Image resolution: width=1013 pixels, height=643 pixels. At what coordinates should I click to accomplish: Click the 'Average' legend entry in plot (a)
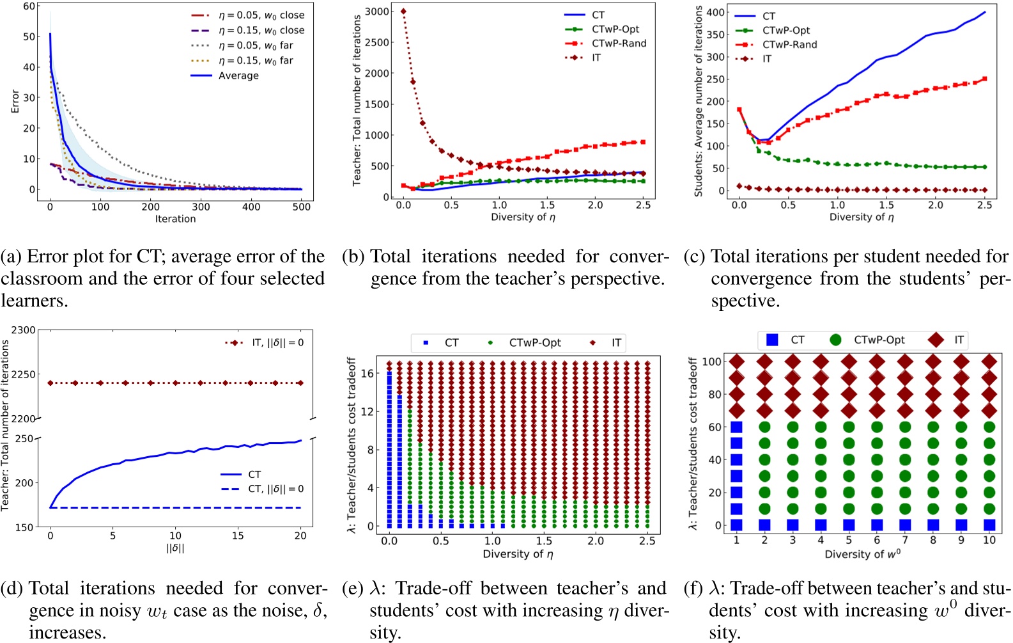coord(238,75)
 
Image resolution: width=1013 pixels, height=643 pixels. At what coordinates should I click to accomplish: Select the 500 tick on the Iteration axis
coord(302,207)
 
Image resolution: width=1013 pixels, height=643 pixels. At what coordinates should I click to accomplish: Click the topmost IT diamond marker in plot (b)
coord(403,12)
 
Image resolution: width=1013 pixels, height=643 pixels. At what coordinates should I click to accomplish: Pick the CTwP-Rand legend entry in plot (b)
coord(619,44)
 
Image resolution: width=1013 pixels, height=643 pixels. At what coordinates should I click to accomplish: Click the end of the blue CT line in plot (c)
coord(985,12)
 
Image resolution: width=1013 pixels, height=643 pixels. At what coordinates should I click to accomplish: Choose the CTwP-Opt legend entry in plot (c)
coord(785,30)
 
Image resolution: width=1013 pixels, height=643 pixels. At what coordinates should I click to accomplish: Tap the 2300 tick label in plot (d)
coord(24,330)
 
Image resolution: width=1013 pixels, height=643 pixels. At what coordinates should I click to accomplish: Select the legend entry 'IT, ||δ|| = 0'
coord(277,343)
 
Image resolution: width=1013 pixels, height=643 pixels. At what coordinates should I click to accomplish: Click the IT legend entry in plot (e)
coord(615,343)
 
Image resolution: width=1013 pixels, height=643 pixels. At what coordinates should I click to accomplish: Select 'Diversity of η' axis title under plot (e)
coord(518,554)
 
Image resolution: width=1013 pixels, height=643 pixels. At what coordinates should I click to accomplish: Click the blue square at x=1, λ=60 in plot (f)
coord(736,427)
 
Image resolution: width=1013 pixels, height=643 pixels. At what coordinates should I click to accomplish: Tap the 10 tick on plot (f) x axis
coord(989,540)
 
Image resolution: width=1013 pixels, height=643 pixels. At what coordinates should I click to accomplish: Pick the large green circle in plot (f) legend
coord(835,340)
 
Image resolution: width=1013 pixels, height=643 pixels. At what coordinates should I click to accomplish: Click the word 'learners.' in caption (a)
coord(35,301)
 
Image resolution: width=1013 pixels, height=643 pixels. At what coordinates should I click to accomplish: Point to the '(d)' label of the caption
coord(13,589)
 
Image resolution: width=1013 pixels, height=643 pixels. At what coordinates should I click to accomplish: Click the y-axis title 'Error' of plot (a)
coord(15,101)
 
